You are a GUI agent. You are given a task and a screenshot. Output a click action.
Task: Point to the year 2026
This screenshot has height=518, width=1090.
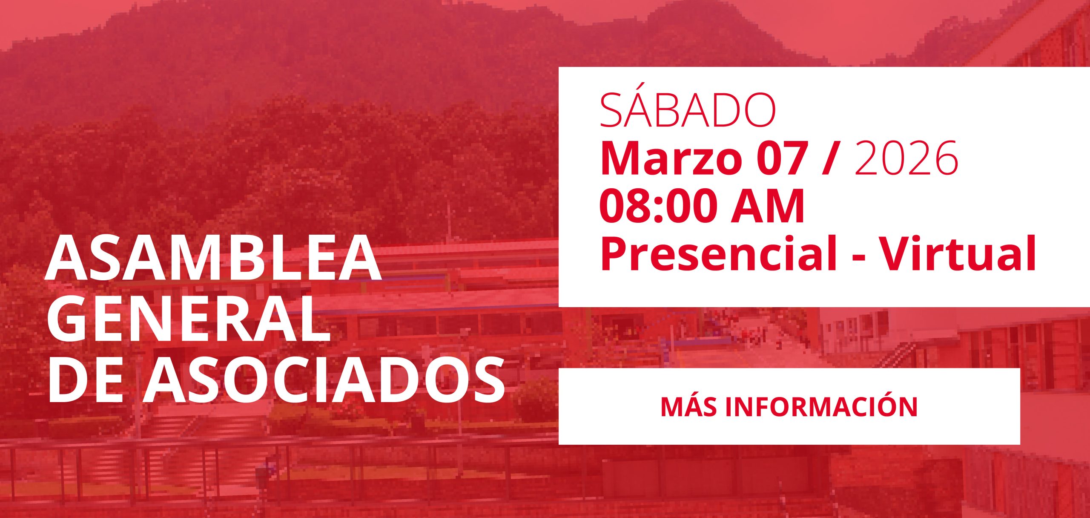906,158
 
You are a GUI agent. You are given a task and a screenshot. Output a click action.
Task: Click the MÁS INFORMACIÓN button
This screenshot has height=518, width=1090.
789,406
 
